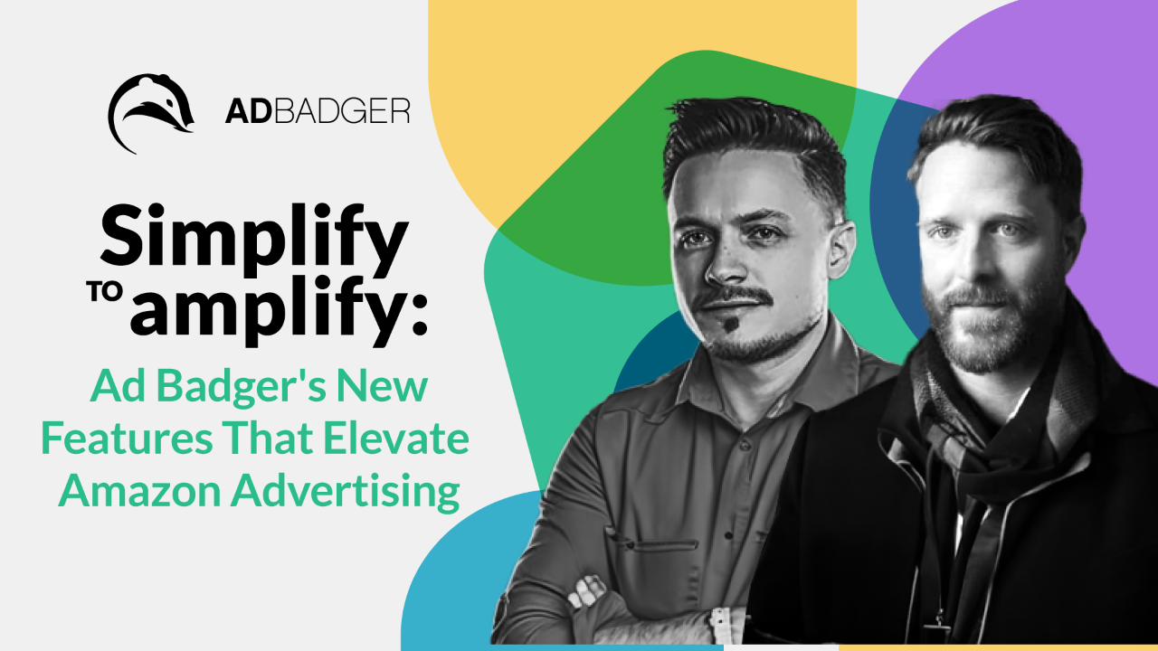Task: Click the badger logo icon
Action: [150, 113]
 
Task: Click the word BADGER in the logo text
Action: [337, 111]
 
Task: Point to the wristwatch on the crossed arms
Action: [720, 624]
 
